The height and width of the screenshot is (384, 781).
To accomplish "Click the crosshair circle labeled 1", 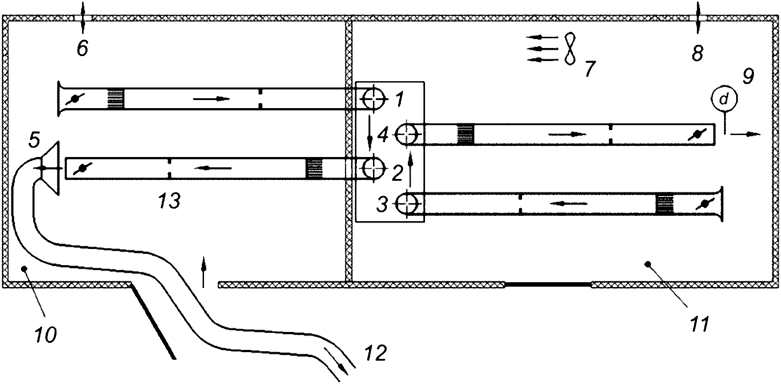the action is click(x=373, y=99).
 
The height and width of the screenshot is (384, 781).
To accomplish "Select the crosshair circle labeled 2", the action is click(x=373, y=168).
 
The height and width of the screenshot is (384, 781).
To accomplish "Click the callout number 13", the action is click(x=169, y=201).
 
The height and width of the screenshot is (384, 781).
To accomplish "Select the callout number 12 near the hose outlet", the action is click(x=376, y=353).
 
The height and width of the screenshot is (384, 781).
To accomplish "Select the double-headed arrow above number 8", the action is click(x=698, y=17).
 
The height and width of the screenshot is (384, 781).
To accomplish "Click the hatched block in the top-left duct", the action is click(x=115, y=99).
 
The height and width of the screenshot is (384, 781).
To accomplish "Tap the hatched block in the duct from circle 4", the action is click(x=465, y=134).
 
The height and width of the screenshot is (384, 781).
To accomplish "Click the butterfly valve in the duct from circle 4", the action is click(x=696, y=134).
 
